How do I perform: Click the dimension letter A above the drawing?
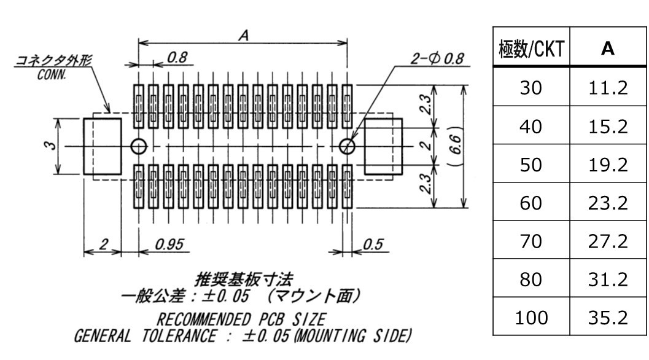coord(243,36)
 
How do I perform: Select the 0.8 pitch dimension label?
coord(177,57)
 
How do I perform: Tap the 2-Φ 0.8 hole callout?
coord(438,59)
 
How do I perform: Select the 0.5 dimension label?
coord(373,245)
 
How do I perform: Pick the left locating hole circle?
coord(139,146)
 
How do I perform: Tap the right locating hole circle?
coord(348,146)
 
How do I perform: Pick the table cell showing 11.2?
coord(608,88)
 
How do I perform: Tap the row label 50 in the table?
coord(530,165)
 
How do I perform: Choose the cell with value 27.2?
coord(608,241)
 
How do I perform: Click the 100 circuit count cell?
coord(530,318)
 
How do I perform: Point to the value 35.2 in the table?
coord(608,318)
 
